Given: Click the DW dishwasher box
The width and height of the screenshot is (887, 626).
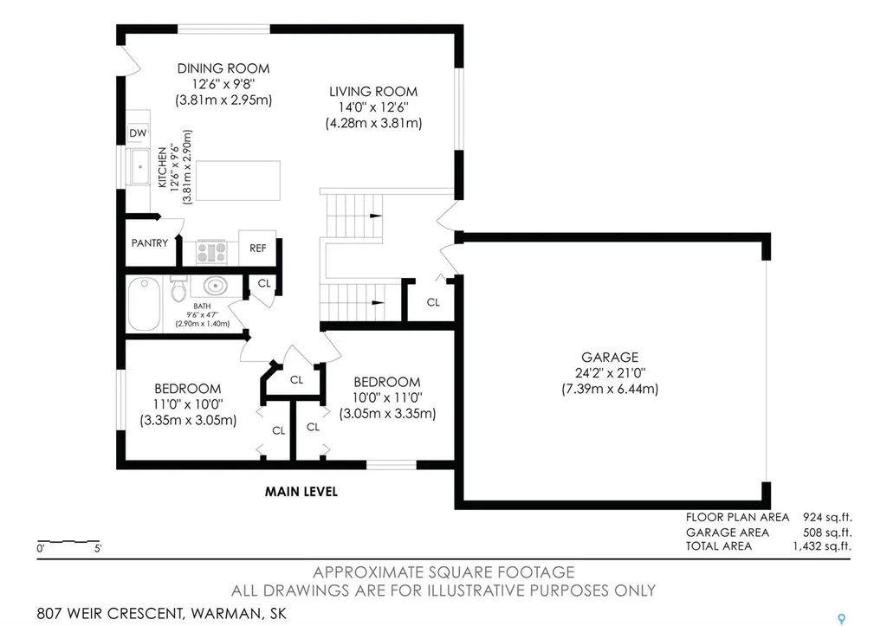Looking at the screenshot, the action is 138,132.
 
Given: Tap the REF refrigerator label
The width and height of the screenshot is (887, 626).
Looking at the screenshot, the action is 258,248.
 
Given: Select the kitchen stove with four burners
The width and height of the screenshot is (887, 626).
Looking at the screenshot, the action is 212,252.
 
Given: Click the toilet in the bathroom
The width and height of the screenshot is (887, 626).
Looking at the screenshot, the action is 178,289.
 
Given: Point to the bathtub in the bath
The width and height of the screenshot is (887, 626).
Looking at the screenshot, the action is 145,304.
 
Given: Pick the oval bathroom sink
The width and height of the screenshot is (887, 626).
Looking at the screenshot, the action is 216,286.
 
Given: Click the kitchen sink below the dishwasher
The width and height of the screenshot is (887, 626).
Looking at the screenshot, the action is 139,167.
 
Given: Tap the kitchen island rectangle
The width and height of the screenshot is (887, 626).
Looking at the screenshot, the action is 237,180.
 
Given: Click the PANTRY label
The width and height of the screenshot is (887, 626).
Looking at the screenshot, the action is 150,243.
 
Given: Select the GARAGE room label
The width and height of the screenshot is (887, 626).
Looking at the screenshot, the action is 610,358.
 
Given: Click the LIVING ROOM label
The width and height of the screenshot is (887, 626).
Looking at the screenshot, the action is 373,92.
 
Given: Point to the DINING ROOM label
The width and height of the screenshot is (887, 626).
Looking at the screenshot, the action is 223,68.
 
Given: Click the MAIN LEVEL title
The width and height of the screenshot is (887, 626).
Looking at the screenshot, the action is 301,492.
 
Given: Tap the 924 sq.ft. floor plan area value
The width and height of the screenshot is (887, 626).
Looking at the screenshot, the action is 827,518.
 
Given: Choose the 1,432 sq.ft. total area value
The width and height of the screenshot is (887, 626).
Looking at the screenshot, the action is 822,546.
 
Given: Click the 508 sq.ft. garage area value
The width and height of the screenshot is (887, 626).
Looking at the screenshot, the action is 827,532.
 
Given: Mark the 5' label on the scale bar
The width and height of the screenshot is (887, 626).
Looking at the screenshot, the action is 98,549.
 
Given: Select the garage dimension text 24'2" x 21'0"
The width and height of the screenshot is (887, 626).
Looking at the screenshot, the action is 610,373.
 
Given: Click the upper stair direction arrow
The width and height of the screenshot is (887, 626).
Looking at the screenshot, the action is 376,216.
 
